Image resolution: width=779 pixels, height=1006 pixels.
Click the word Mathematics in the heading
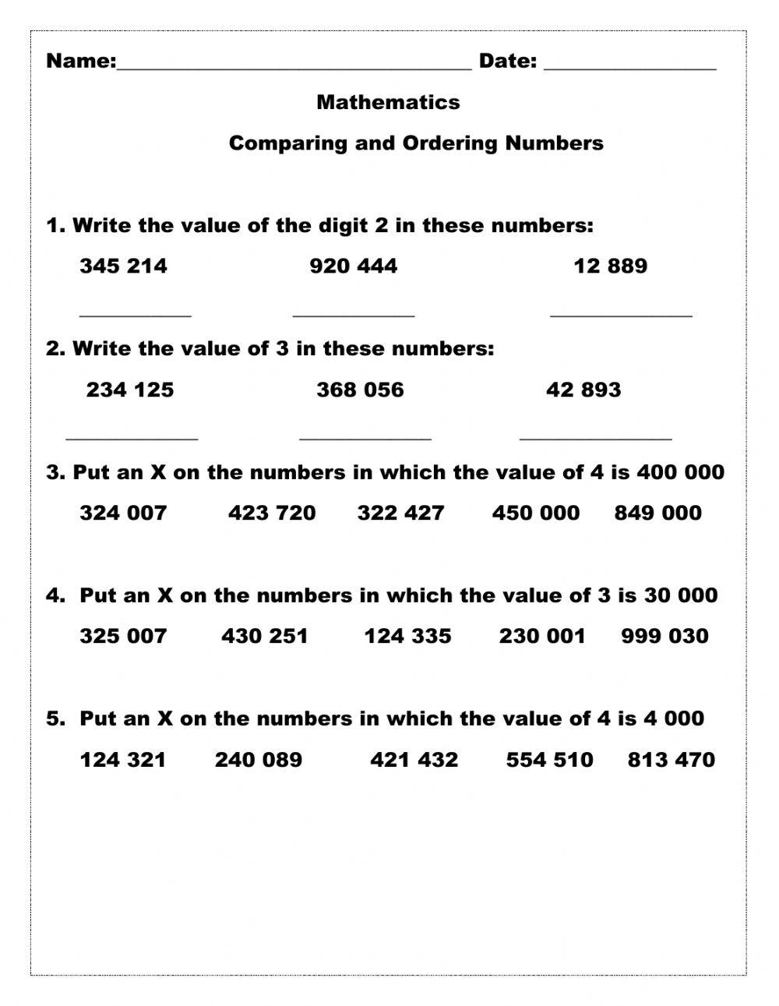click(388, 102)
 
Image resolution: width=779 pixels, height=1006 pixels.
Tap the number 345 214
click(123, 267)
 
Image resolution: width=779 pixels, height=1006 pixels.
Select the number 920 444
click(353, 267)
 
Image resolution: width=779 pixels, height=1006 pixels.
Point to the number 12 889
click(610, 267)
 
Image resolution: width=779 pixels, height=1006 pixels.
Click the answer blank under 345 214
click(136, 313)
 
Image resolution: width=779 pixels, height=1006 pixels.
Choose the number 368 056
click(360, 390)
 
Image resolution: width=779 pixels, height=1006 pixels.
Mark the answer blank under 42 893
click(595, 437)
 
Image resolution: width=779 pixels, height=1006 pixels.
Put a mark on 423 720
click(272, 513)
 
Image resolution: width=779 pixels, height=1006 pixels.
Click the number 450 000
click(536, 513)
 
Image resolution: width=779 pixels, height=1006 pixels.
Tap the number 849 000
click(657, 513)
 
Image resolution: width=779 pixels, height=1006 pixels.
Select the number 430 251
click(265, 636)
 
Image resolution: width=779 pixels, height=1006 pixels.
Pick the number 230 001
click(541, 636)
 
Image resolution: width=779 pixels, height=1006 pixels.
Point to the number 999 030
click(664, 636)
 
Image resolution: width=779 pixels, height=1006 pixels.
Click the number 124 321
click(123, 760)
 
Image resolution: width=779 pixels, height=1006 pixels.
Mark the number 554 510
click(549, 760)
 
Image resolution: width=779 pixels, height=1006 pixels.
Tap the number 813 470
click(671, 760)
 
